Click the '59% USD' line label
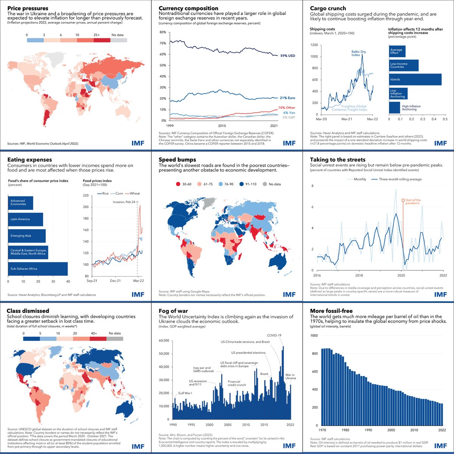click(288, 56)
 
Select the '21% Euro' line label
click(288, 98)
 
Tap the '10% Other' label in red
click(286, 108)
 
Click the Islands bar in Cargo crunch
click(415, 79)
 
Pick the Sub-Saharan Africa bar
click(38, 269)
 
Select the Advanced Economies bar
click(20, 202)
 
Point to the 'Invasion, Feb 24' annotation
click(124, 202)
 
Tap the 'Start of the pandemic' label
click(413, 202)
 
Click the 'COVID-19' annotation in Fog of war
click(274, 335)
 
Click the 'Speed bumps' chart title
click(177, 160)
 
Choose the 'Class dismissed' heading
click(27, 311)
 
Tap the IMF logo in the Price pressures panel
click(138, 143)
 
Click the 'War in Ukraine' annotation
click(291, 376)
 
